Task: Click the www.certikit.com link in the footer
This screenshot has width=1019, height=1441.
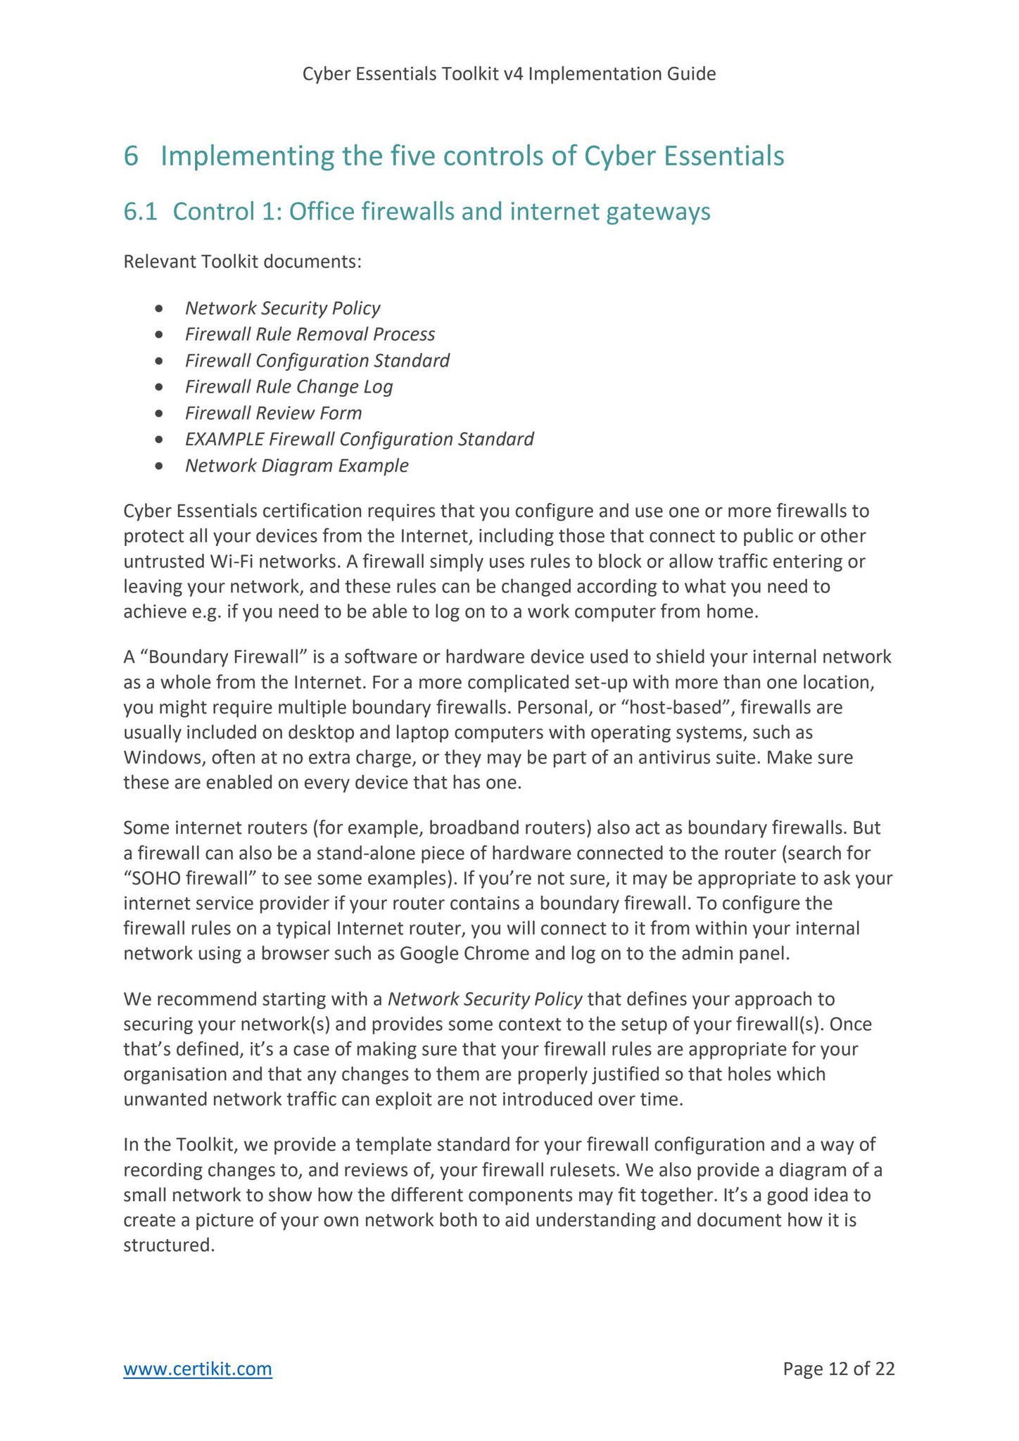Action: tap(198, 1369)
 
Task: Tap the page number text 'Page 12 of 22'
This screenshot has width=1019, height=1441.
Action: tap(839, 1369)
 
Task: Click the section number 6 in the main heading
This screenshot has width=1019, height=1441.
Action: tap(131, 156)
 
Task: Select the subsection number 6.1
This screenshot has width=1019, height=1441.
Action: tap(138, 212)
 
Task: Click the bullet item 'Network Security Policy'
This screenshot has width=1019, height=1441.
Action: tap(282, 308)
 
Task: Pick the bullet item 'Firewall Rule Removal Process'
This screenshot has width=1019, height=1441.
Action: tap(310, 334)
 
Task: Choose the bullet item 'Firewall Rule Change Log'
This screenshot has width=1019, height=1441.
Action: tap(289, 386)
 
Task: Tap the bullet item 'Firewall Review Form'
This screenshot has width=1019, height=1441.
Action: tap(273, 413)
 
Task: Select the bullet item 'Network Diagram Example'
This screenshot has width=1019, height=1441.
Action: tap(296, 466)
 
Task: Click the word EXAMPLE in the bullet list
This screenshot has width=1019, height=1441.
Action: tap(224, 439)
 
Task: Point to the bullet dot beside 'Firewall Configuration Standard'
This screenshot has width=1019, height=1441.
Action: tap(161, 361)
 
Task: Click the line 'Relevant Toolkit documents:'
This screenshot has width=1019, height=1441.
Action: tap(243, 262)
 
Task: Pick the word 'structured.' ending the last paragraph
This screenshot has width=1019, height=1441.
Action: tap(168, 1245)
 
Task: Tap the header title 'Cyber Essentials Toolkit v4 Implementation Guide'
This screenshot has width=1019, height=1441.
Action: tap(509, 74)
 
